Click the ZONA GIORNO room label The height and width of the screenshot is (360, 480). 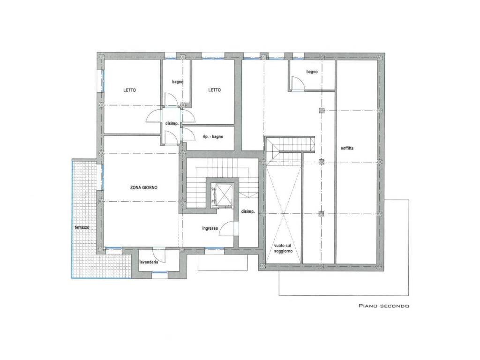[144, 187]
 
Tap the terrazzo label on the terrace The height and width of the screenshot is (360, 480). [82, 227]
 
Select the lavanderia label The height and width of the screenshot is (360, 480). [149, 262]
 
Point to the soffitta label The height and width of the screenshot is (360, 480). [347, 148]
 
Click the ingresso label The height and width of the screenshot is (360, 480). [210, 228]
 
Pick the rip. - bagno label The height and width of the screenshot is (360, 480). [213, 136]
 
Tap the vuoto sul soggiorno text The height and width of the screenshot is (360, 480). [283, 248]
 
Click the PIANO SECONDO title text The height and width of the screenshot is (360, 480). [384, 306]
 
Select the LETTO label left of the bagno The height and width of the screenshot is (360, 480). [129, 90]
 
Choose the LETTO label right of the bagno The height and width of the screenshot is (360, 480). [214, 90]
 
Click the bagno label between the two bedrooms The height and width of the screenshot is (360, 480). [178, 82]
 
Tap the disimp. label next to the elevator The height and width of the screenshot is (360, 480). [247, 211]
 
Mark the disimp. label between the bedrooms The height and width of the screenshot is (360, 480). [172, 123]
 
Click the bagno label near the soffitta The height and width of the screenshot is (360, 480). [312, 72]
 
